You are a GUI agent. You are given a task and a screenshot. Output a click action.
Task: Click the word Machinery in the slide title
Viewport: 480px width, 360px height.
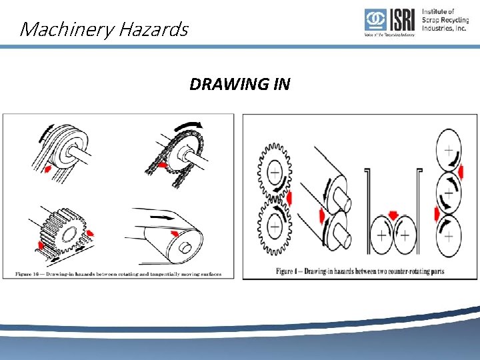61,29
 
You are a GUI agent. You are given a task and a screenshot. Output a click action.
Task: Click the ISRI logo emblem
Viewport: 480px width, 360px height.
374,21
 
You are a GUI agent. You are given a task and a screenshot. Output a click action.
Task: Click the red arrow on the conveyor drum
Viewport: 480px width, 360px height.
175,233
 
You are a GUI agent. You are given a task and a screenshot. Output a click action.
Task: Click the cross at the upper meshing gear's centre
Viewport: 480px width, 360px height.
274,173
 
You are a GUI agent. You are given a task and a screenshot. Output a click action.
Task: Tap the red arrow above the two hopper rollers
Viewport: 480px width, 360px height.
393,214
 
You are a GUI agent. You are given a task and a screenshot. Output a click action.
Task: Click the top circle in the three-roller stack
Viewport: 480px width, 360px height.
448,151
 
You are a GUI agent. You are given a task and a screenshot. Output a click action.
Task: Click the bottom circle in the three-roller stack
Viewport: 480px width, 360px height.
448,235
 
